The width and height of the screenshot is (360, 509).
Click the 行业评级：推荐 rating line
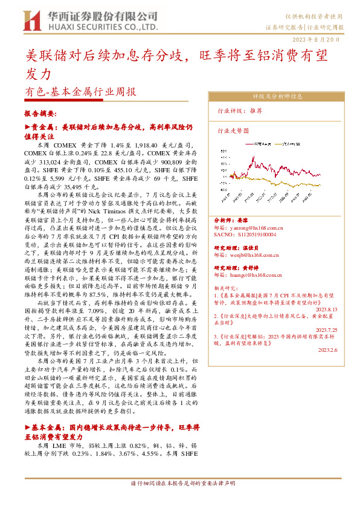(240, 111)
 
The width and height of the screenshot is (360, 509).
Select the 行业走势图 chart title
(233, 130)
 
